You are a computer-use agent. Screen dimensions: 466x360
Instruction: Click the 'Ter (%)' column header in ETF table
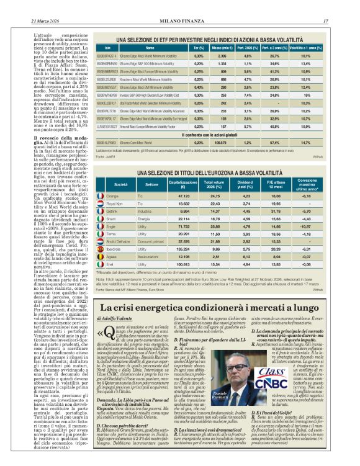click(x=199, y=47)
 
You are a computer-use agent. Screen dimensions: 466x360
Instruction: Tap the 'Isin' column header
click(x=107, y=47)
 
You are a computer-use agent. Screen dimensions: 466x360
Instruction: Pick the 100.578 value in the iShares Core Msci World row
click(x=218, y=142)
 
